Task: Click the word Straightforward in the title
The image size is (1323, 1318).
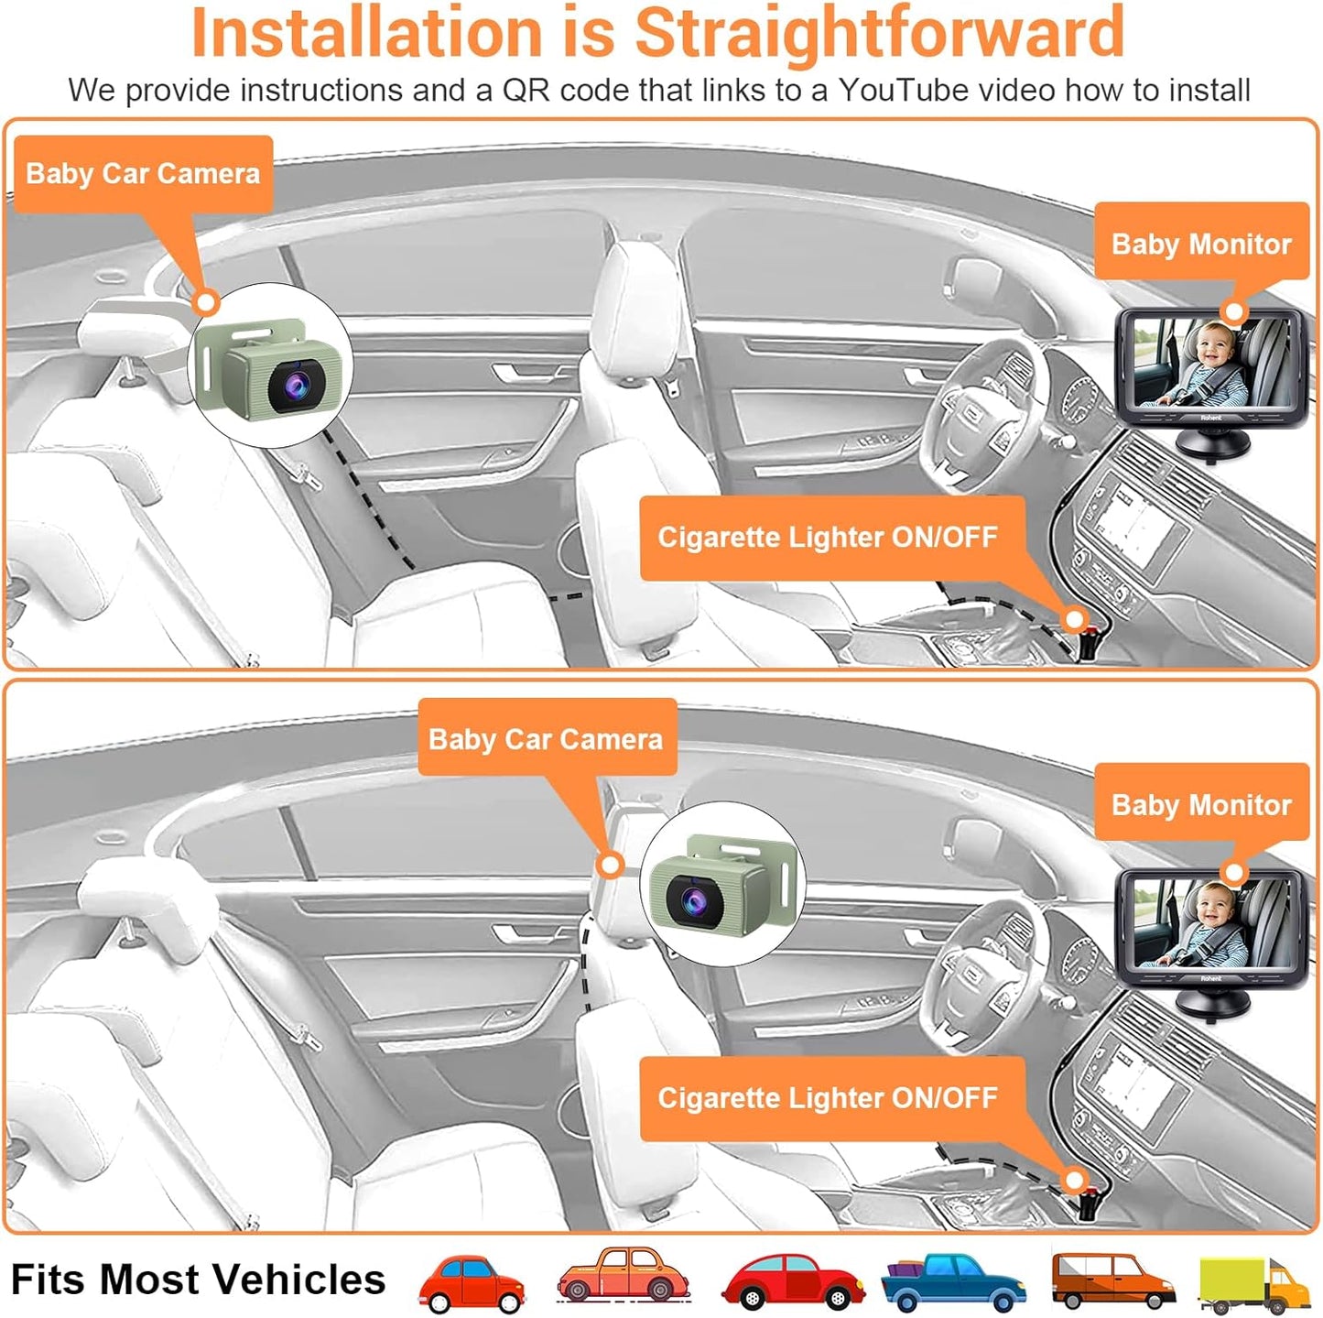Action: coord(879,33)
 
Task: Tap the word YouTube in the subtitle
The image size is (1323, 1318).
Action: coord(904,90)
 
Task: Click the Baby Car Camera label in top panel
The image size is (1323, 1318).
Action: coord(143,174)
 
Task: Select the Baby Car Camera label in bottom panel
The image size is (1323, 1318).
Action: coord(546,738)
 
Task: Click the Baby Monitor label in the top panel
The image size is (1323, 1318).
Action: coord(1200,244)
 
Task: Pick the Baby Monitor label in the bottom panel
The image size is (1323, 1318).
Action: coord(1200,804)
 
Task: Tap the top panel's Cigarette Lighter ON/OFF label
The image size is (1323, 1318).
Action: coord(827,537)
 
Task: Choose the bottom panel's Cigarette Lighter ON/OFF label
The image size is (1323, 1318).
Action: coord(827,1097)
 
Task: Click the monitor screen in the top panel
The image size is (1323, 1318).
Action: coord(1210,364)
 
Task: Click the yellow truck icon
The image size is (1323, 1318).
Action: coord(1253,1284)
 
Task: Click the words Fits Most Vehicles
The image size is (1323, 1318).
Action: coord(198,1279)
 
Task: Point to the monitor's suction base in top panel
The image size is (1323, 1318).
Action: coord(1211,446)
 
